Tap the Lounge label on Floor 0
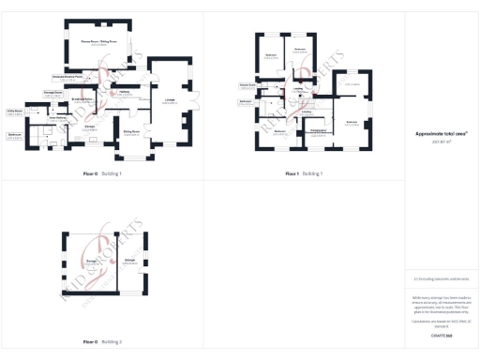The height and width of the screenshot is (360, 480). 171,100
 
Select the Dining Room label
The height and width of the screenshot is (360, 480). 131,134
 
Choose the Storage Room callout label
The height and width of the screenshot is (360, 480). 52,93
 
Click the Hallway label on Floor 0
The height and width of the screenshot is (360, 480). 123,92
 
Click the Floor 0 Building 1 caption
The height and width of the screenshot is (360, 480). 101,173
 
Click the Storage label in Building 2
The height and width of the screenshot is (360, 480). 129,260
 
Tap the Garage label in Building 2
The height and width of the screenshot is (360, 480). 92,260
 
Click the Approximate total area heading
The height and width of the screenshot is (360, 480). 440,134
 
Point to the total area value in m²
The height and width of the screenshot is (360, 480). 440,142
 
